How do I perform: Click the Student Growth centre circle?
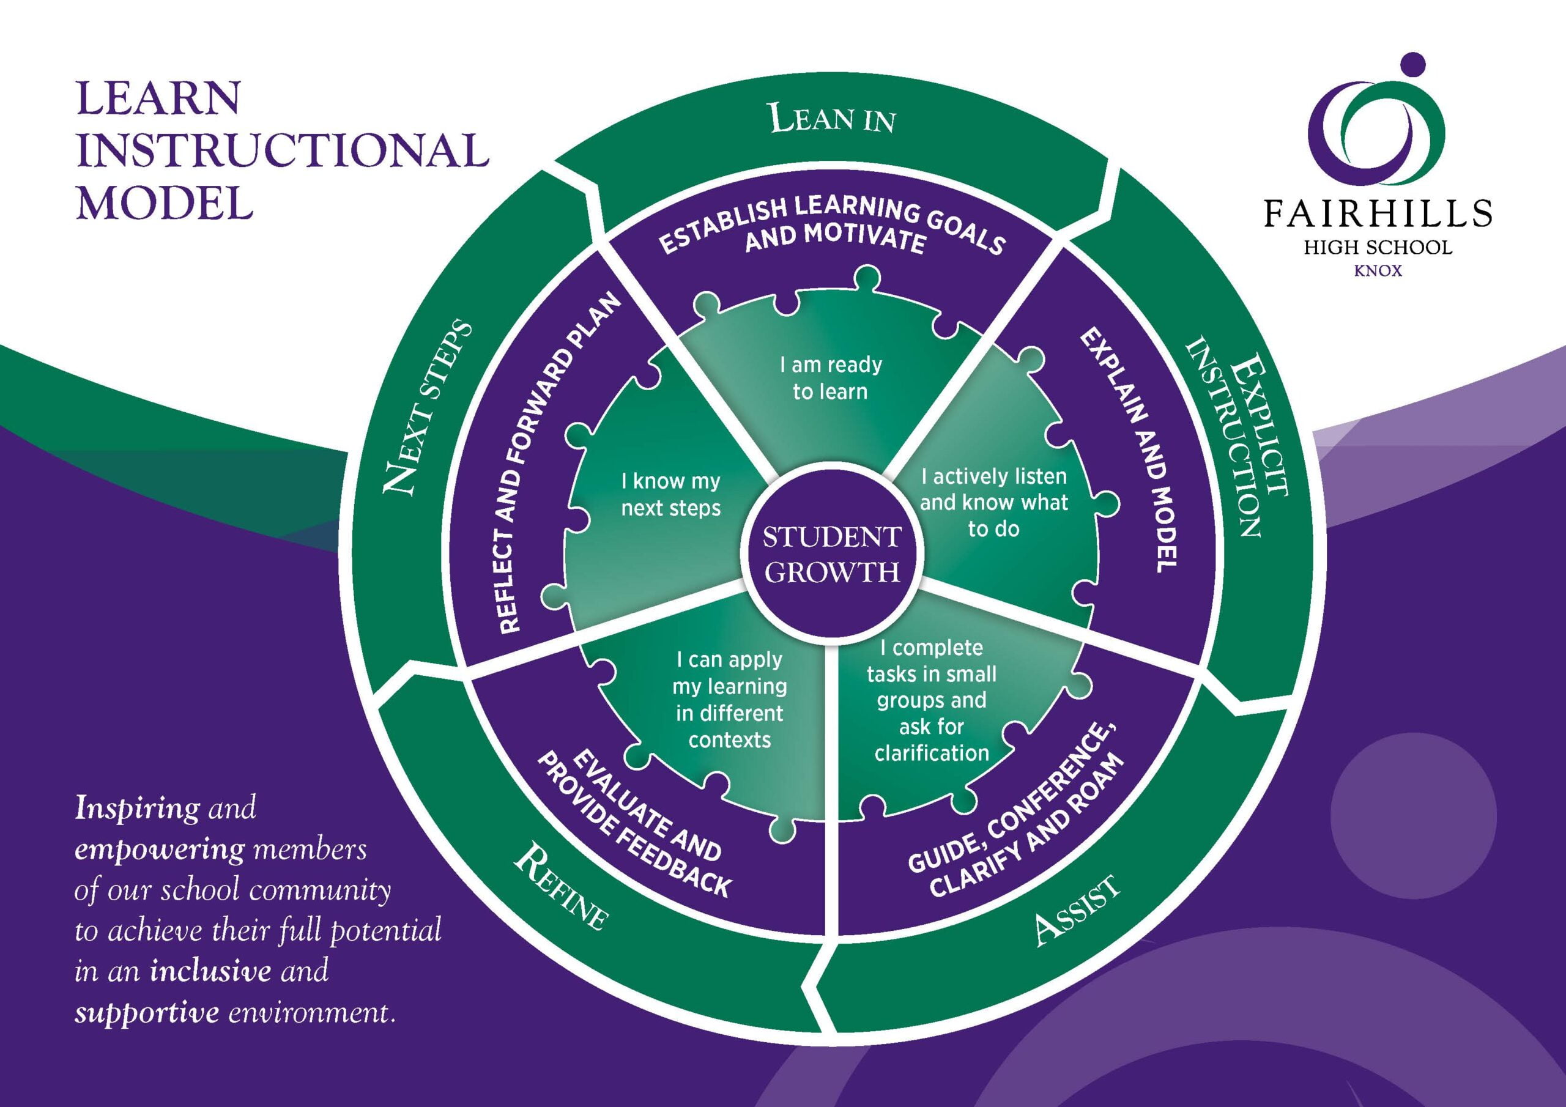[831, 554]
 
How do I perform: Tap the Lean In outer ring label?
[832, 118]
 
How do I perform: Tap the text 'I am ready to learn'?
[831, 378]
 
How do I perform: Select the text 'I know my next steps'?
[670, 495]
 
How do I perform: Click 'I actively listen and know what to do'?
[994, 502]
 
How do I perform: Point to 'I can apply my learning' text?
[730, 700]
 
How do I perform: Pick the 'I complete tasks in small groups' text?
[932, 700]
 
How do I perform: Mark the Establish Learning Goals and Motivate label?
[832, 226]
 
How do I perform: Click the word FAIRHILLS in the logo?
[1378, 213]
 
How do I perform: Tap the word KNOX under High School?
[1378, 272]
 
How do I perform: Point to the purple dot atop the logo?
[1412, 65]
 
